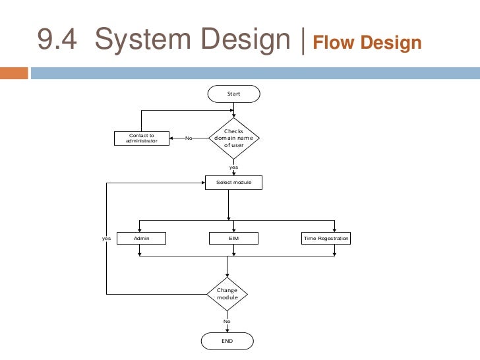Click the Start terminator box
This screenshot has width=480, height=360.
[x=233, y=94]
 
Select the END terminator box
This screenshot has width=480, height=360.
[x=227, y=340]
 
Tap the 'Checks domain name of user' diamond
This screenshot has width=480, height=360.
[x=233, y=138]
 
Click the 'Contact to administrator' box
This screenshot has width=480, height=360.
[x=142, y=138]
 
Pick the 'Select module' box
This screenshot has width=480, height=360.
[x=233, y=181]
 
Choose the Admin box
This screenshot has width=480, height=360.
[x=141, y=237]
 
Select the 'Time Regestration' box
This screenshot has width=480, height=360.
[x=325, y=237]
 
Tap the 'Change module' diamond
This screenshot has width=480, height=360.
[x=227, y=293]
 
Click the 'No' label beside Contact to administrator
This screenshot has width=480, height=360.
[x=188, y=138]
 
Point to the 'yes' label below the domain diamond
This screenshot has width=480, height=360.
[x=233, y=167]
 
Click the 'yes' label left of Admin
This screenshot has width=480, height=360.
[x=107, y=237]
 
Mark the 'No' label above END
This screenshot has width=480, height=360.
[x=227, y=322]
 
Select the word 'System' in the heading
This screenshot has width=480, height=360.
[x=138, y=42]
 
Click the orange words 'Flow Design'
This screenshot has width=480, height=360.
[x=367, y=44]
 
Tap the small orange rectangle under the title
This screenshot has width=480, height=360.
[x=14, y=73]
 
